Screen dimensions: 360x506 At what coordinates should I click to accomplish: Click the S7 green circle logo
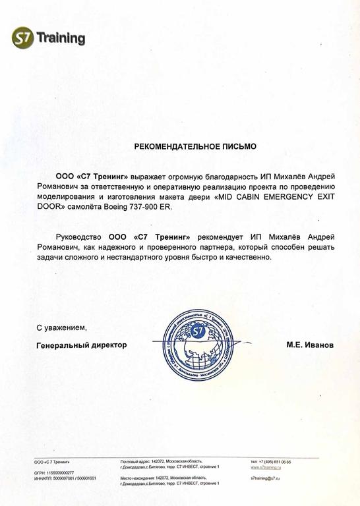click(23, 38)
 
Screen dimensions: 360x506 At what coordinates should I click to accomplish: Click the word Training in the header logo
click(61, 38)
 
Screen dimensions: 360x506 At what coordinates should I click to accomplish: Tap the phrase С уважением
click(61, 327)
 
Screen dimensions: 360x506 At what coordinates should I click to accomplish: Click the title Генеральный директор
click(81, 345)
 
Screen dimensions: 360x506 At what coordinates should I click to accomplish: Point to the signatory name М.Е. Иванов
click(310, 345)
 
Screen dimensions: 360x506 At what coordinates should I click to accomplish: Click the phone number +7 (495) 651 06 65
click(275, 462)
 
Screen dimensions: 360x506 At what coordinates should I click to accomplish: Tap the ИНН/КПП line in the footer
click(64, 478)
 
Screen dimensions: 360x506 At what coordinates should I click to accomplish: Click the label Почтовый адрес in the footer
click(135, 462)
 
